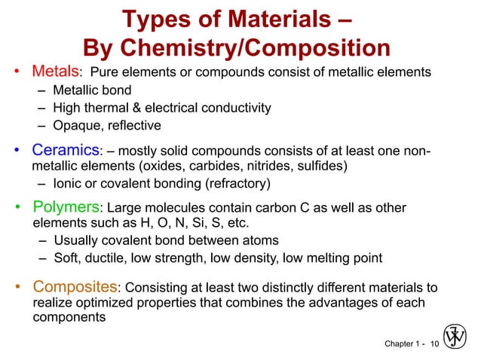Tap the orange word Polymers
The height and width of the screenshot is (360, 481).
(66, 207)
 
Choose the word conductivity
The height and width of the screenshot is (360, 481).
(235, 108)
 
